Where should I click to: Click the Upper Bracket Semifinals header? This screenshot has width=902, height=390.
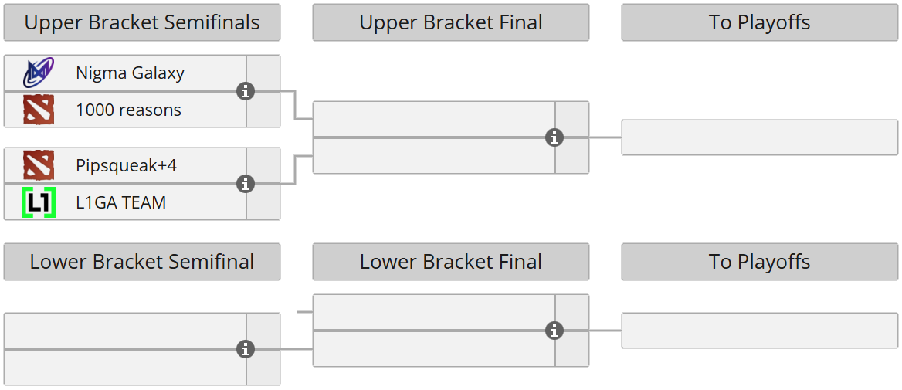[142, 23]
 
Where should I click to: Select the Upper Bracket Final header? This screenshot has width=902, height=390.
[451, 23]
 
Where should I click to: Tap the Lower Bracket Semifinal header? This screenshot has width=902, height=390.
[142, 262]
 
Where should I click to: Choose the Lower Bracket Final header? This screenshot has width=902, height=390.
[451, 262]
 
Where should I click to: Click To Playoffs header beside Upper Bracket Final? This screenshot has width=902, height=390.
[759, 23]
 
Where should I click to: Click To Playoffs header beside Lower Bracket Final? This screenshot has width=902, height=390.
[759, 262]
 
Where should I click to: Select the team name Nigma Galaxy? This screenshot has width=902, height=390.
[130, 73]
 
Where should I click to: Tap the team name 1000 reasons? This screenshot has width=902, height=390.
[128, 110]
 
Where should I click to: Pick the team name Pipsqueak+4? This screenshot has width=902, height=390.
[126, 166]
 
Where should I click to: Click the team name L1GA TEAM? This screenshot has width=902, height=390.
[120, 203]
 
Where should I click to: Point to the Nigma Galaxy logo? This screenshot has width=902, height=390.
[39, 73]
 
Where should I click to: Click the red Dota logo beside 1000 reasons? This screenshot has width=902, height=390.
[39, 110]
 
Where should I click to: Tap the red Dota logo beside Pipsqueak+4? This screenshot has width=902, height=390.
[39, 166]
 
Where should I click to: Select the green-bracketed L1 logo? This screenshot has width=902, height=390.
[39, 202]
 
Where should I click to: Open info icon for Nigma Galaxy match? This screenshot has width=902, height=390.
[246, 91]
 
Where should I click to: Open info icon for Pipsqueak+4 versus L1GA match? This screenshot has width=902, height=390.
[246, 184]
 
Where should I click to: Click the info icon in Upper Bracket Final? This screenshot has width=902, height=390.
[554, 137]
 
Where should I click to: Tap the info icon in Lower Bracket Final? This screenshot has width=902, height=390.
[554, 331]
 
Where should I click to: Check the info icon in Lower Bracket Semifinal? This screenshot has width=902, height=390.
[246, 349]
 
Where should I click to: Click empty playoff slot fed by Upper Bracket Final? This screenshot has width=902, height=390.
[759, 137]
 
